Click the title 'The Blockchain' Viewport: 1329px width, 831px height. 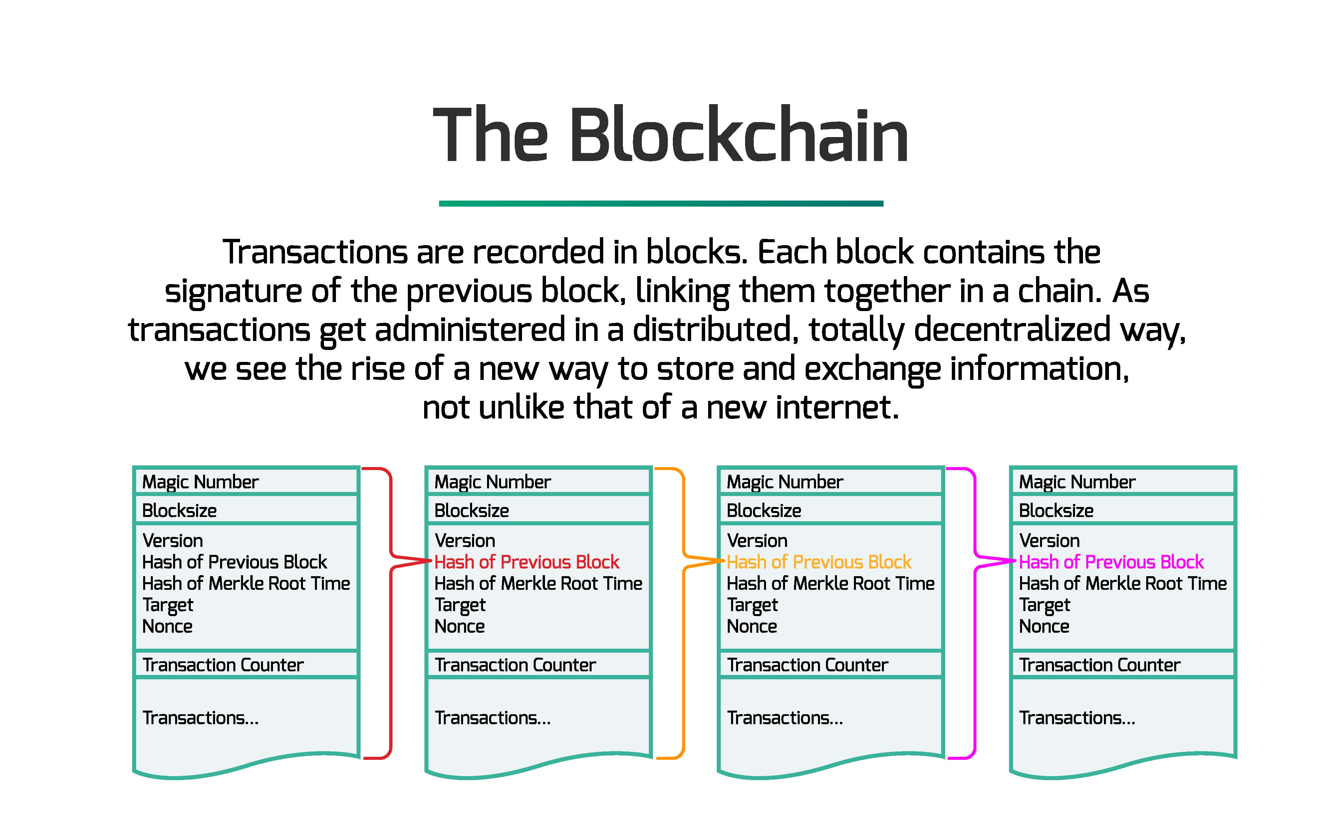(670, 135)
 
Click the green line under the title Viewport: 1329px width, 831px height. (661, 203)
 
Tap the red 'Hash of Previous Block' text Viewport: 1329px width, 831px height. (527, 562)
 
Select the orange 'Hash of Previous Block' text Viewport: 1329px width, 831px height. (819, 562)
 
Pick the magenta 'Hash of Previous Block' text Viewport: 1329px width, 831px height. (1111, 562)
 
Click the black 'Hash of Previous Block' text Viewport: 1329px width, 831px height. (234, 562)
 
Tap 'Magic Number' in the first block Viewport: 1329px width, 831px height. (200, 482)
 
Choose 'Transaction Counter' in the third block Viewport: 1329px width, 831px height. (807, 665)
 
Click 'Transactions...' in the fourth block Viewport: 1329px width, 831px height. (1077, 718)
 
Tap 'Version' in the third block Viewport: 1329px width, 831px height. (757, 540)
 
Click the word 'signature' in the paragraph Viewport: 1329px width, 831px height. (233, 292)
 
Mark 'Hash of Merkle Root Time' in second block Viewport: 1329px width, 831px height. (538, 583)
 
